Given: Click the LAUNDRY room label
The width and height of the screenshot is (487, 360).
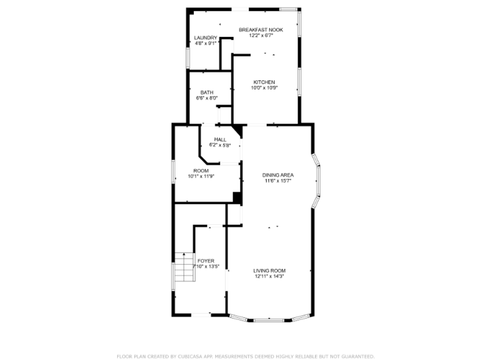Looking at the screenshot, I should click(205, 38).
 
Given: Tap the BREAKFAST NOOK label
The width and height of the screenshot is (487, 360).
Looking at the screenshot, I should click(261, 30).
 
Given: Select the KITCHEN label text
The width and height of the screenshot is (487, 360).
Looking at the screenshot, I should click(264, 82).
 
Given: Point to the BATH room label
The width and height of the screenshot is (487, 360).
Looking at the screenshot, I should click(207, 92).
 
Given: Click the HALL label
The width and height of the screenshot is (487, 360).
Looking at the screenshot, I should click(220, 139).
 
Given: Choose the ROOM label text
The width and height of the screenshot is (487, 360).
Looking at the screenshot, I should click(201, 171).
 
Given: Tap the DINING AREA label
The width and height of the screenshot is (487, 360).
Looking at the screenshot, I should click(278, 175).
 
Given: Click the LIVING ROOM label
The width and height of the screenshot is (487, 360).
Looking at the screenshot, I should click(269, 271).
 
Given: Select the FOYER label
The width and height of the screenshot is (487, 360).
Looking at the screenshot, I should click(206, 261).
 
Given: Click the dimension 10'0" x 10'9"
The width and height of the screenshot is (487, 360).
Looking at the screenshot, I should click(264, 88).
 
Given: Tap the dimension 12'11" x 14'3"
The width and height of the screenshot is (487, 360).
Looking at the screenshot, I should click(269, 276).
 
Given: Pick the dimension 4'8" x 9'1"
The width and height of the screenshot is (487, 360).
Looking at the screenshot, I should click(205, 43).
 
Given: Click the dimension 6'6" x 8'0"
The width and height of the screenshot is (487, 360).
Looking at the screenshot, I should click(207, 98).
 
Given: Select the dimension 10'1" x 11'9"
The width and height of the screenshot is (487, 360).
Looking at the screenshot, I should click(201, 176).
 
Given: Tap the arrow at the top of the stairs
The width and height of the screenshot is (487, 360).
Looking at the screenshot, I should click(184, 255).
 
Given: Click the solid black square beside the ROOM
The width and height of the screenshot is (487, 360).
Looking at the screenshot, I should click(237, 197).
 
